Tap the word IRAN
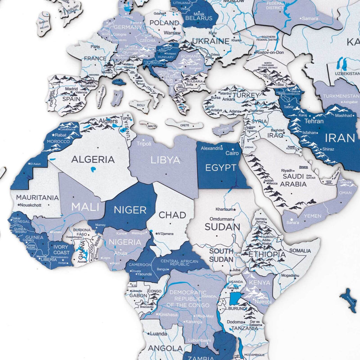340,138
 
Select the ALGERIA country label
93,160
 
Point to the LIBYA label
165,160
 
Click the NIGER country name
130,210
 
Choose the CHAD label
173,215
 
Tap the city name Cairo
232,153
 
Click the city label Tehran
314,121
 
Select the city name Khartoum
224,209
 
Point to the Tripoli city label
144,144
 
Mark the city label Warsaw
173,33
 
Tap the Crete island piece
184,124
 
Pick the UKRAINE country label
211,41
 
